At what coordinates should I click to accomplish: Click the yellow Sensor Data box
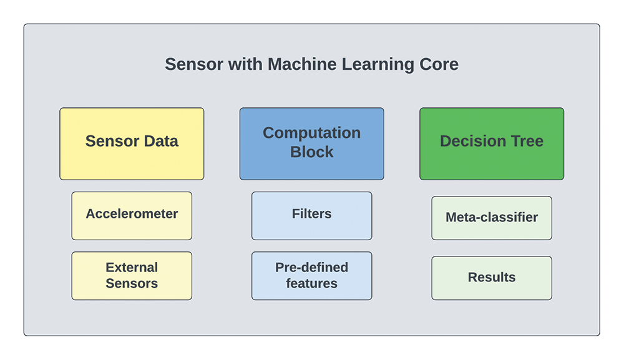pos(132,144)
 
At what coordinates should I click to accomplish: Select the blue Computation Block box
pos(311,144)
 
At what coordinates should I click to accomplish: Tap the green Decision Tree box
pos(492,144)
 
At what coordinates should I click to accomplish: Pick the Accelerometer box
pos(132,216)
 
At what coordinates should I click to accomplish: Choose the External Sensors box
pos(132,276)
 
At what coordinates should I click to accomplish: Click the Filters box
pos(311,216)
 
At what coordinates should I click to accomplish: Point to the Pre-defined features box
pos(311,276)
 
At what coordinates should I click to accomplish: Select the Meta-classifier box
pos(492,218)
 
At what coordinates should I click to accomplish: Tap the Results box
pos(492,278)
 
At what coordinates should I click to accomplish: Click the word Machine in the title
pos(302,64)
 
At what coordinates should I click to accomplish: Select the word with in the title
pos(245,64)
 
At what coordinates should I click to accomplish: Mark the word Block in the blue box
pos(311,152)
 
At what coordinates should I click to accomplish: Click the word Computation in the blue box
pos(311,133)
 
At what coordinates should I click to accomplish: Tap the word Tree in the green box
pos(527,141)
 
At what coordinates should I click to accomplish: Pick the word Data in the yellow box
pos(161,141)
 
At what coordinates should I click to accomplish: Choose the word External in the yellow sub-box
pos(132,267)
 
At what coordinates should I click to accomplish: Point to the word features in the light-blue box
pos(311,283)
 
